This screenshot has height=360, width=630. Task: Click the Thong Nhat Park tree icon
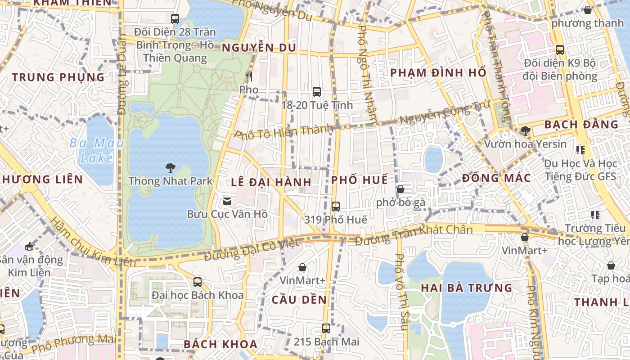170,168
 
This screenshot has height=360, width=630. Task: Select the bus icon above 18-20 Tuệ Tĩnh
316,92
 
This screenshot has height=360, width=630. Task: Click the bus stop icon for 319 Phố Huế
335,207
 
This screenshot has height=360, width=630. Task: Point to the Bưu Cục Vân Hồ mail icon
227,201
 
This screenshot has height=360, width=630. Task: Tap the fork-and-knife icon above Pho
248,76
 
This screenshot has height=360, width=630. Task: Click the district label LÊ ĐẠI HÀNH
271,182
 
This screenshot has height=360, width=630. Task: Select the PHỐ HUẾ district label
359,180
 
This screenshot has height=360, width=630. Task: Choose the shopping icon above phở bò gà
400,189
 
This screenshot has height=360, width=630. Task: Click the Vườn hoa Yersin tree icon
525,131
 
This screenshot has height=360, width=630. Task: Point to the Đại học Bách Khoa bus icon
197,282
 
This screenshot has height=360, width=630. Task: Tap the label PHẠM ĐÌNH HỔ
438,73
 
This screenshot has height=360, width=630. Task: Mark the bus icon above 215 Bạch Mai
326,328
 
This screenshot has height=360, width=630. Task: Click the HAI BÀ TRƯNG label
466,288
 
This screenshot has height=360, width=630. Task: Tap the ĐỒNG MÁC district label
496,178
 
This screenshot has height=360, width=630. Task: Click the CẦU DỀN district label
299,300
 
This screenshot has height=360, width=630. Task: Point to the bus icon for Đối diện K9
559,50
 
